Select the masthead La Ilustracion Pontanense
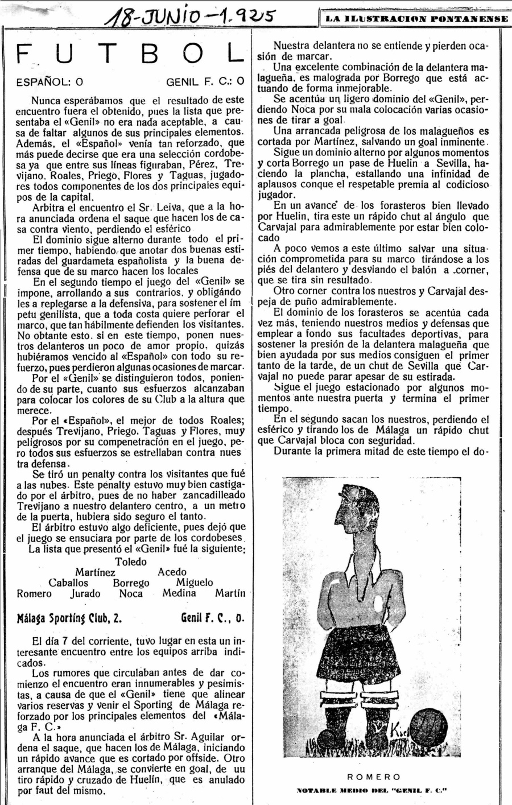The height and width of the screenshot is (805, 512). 416,19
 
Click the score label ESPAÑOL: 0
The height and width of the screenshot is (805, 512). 49,82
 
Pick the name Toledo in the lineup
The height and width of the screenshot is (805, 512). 131,562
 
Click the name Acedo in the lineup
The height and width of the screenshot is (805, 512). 172,572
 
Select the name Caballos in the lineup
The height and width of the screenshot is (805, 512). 68,583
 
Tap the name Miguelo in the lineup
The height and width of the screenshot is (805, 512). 195,583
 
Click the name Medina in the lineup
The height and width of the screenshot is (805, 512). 179,593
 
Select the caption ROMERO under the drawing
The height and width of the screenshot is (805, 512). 373,777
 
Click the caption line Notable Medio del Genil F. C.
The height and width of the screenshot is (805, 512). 373,790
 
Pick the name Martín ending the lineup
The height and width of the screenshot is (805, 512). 230,593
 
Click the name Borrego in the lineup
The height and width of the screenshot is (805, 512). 131,583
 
